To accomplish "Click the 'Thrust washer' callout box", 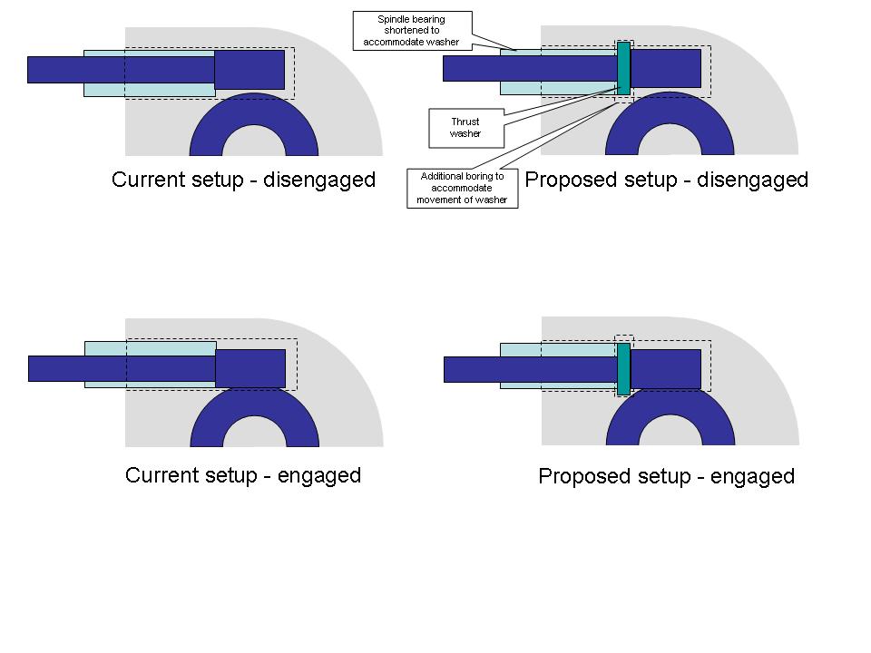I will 465,128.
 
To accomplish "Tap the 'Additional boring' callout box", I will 463,189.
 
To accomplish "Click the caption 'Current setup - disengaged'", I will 243,180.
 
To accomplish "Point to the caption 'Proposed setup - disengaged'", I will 667,180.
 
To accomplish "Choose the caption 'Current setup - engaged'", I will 243,475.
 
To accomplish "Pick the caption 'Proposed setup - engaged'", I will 667,476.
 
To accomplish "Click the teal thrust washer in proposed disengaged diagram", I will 623,68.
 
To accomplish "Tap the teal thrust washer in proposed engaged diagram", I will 623,369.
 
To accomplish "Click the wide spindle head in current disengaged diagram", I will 250,70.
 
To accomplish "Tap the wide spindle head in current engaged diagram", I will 250,369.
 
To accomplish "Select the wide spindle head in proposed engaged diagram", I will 666,369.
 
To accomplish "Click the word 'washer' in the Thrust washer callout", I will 465,134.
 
